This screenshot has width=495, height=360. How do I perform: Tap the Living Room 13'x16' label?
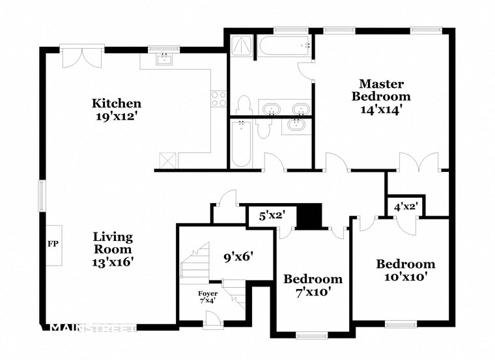point(113,249)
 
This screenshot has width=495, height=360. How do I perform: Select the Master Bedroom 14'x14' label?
point(382,96)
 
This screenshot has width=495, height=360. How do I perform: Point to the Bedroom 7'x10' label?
point(313,285)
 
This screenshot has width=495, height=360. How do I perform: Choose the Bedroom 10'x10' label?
point(405,270)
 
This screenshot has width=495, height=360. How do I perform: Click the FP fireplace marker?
point(53,244)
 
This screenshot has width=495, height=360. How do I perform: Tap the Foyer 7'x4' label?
point(208,298)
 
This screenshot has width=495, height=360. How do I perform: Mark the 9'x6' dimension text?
point(238,256)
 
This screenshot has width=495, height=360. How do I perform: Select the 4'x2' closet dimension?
point(406,207)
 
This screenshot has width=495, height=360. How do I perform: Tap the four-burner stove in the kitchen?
point(218,99)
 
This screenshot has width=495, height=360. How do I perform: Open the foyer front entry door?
point(212,318)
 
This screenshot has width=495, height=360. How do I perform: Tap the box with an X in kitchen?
point(168,159)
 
